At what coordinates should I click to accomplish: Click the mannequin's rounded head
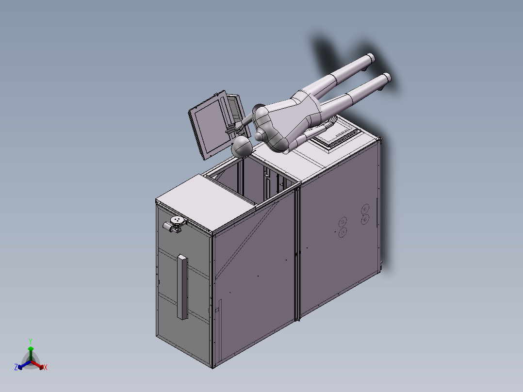[242, 147]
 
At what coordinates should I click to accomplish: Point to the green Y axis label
[30, 341]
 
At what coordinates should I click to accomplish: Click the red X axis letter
[46, 368]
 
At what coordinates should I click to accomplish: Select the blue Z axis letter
[16, 367]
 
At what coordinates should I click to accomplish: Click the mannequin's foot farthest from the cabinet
[370, 59]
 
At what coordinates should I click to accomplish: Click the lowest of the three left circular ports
[343, 232]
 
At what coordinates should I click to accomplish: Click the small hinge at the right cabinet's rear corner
[382, 264]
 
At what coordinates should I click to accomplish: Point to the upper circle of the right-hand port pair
[365, 210]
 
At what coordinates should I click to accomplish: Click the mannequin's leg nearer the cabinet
[359, 92]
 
